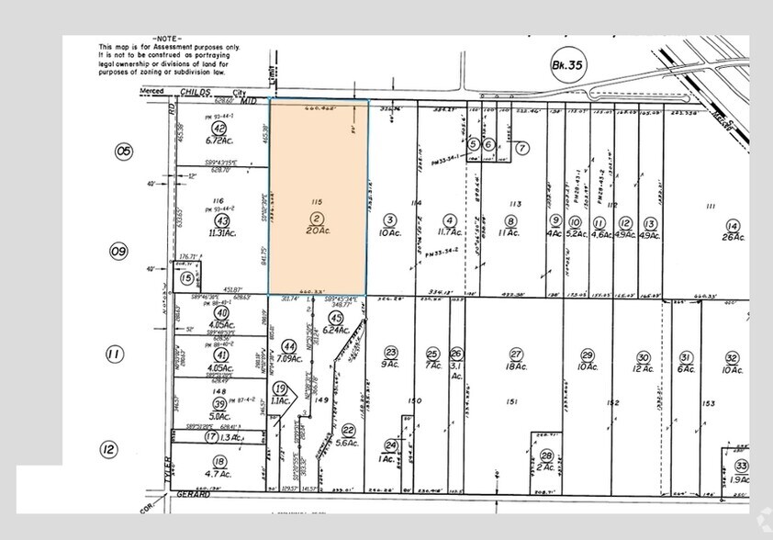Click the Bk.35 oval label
click(567, 64)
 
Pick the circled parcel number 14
click(732, 225)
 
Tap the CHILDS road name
click(194, 92)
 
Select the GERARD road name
click(194, 493)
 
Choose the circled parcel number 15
click(186, 277)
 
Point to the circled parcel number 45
click(334, 318)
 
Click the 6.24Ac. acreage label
click(338, 330)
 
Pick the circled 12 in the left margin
click(109, 449)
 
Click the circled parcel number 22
click(348, 430)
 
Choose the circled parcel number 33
click(742, 467)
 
